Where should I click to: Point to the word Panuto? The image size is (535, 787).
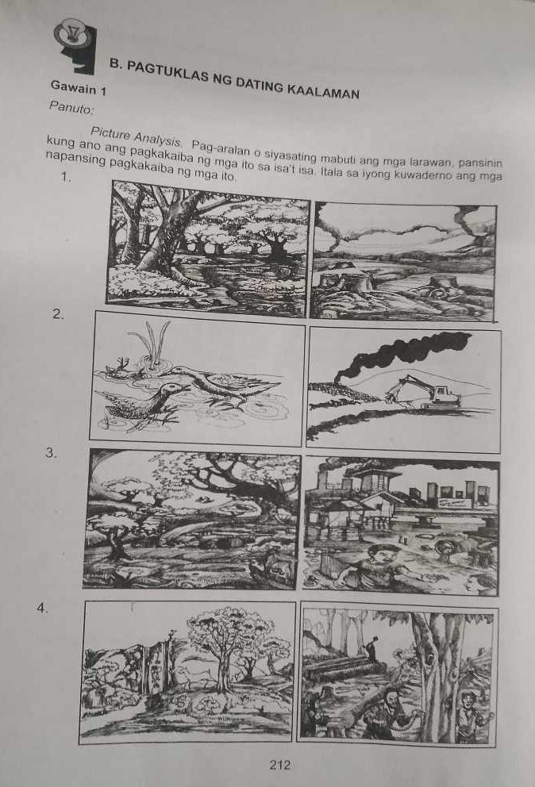[71, 105]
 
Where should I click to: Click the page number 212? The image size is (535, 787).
[279, 765]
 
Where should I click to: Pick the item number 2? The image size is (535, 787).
[56, 315]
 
